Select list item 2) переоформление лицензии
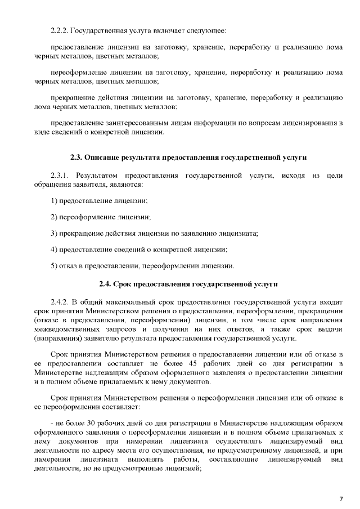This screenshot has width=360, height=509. coord(100,217)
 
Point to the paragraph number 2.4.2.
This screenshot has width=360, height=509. coord(60,302)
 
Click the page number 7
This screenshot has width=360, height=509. coord(340,498)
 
